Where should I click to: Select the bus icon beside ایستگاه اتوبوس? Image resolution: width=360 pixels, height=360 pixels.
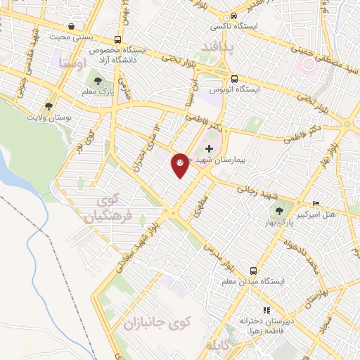[x=235, y=79]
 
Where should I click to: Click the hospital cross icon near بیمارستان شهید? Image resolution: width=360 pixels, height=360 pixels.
[x=209, y=149]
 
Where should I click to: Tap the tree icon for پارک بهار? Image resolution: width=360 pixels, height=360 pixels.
[x=280, y=210]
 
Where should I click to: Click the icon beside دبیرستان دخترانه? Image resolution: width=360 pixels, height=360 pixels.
[x=266, y=309]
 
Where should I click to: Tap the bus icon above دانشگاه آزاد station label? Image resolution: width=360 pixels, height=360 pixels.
[x=117, y=39]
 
